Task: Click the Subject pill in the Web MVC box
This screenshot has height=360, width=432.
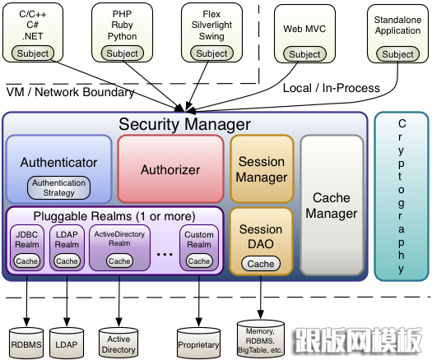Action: coord(304,54)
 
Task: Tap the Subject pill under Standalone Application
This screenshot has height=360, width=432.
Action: coord(397,54)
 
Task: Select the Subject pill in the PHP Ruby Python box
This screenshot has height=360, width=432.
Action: coord(123,53)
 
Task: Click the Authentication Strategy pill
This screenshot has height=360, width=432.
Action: coord(58,187)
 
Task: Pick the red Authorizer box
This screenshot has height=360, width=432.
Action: coord(170,169)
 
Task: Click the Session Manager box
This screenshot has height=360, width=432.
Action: coord(262,169)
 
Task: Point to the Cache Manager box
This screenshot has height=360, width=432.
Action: coord(332,205)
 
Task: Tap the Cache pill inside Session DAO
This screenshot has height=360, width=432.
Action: coord(261,264)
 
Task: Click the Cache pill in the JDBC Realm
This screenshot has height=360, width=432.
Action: coord(26,261)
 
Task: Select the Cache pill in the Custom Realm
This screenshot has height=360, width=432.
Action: coord(199,261)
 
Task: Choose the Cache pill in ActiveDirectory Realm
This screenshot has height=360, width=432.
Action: coord(119,261)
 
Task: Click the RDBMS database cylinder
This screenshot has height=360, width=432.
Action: coord(26,343)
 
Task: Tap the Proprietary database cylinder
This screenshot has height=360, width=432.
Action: coord(198,343)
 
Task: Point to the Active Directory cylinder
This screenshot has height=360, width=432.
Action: coord(118,343)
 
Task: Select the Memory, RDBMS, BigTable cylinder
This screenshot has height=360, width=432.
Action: coord(260,339)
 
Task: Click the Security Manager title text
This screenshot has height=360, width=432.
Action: coord(184,124)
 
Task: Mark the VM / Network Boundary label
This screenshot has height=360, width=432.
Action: coord(70,92)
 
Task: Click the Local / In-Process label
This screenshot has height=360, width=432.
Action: coord(332,88)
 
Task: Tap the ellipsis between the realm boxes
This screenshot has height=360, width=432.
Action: coord(165,254)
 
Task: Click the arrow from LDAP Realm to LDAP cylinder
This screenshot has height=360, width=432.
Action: coord(67,301)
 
